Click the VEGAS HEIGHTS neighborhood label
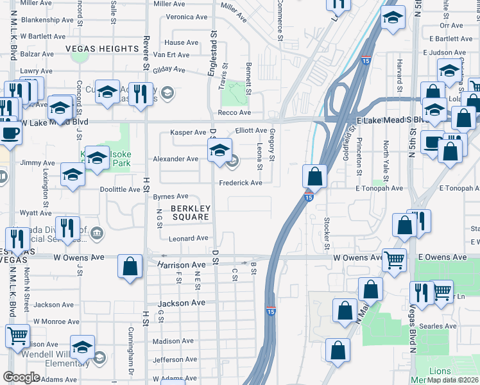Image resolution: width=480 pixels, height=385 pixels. click(102, 49)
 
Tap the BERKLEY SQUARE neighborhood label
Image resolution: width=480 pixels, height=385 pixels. click(191, 212)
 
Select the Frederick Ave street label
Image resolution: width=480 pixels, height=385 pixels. click(241, 183)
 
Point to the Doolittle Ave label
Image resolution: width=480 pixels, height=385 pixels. click(120, 190)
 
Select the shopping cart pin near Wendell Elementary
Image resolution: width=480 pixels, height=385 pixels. click(17, 334)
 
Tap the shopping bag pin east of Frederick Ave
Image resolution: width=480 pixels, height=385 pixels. click(315, 175)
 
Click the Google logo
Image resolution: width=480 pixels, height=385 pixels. click(21, 377)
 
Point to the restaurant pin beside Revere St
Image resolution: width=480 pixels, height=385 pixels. click(139, 93)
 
